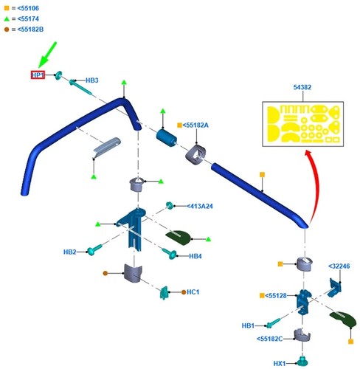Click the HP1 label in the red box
click(38, 75)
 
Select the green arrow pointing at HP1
click(47, 55)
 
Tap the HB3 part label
click(91, 80)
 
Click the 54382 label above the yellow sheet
click(302, 87)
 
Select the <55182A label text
click(195, 125)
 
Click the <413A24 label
click(200, 206)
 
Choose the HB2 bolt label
click(70, 252)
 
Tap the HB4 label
click(195, 256)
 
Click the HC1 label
click(193, 292)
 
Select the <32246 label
click(339, 266)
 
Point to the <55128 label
click(276, 295)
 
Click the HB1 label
click(248, 325)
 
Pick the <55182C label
click(269, 339)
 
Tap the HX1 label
click(280, 363)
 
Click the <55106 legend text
click(28, 8)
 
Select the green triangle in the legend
click(7, 18)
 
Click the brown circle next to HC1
click(184, 292)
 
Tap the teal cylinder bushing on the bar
click(167, 137)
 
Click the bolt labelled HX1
click(302, 361)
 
